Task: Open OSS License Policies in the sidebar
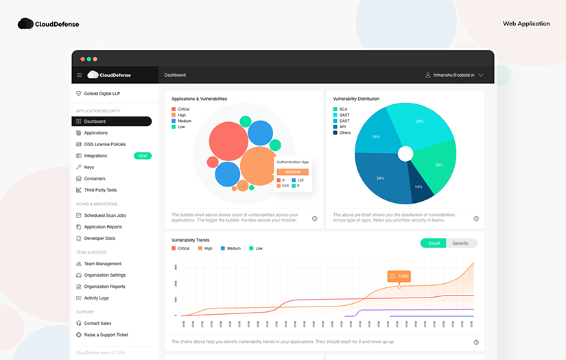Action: point(104,144)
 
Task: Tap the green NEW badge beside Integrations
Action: point(143,156)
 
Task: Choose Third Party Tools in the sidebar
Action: point(100,190)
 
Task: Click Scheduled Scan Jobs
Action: point(105,215)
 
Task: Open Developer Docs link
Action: point(99,238)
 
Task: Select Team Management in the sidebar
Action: point(102,263)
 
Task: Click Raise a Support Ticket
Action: point(106,335)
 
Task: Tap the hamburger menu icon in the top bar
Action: point(80,75)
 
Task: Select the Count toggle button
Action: point(434,243)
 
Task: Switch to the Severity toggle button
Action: point(460,243)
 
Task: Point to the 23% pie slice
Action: point(419,121)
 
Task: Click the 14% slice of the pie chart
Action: point(418,187)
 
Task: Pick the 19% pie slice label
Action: point(376,136)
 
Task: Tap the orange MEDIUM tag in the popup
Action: point(293,172)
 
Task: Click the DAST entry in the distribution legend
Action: point(344,121)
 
